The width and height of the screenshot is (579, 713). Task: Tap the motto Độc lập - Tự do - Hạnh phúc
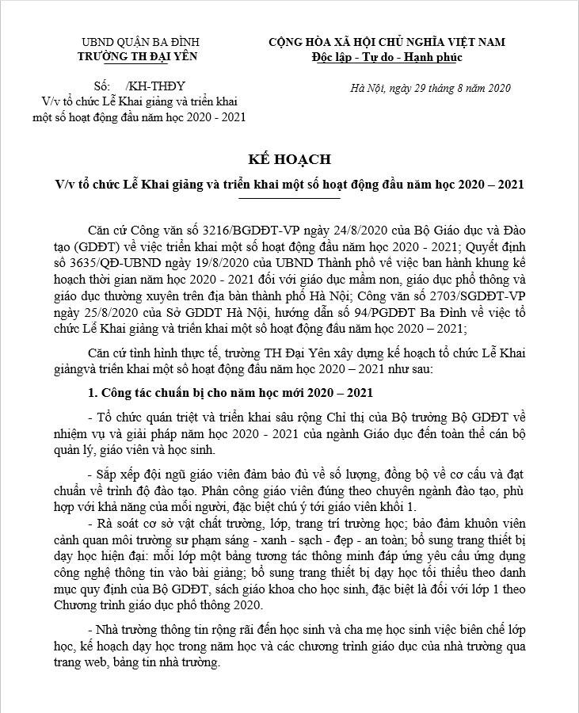pos(387,57)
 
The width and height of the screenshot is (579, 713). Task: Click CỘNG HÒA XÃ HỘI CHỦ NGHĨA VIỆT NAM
pos(387,42)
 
